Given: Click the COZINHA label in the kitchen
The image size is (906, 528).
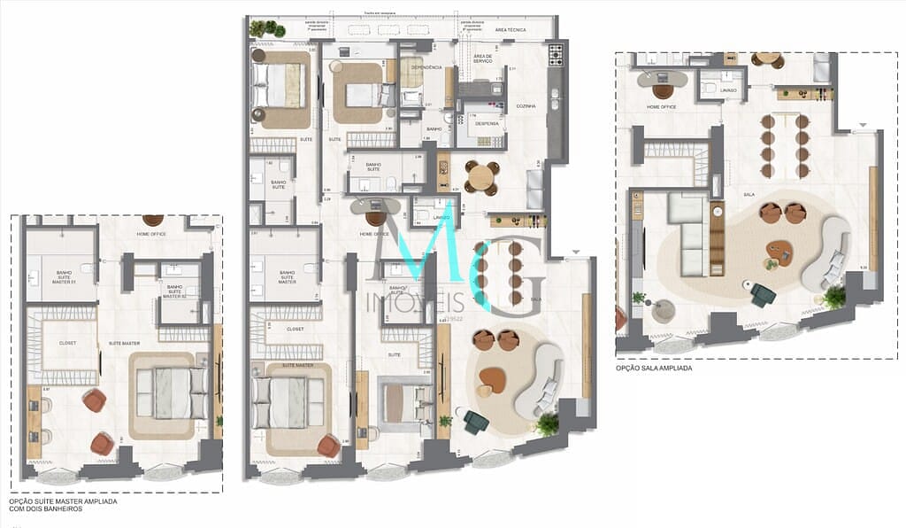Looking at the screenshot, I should (x=526, y=106).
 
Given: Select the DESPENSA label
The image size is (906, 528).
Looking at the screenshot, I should (x=488, y=124).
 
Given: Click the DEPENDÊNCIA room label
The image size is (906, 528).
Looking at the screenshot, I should (x=426, y=67).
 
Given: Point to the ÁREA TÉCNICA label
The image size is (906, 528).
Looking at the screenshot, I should (x=511, y=30).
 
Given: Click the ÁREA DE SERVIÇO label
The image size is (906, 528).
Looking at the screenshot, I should (x=482, y=59).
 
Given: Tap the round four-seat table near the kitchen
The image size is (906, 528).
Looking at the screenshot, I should (x=480, y=177).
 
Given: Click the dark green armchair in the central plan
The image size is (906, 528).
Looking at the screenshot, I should (x=476, y=422).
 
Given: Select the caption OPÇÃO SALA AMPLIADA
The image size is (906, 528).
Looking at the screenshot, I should (x=654, y=368).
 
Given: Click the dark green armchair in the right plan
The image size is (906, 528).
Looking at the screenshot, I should (x=763, y=295).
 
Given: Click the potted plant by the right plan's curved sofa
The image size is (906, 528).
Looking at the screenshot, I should (x=833, y=297).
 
